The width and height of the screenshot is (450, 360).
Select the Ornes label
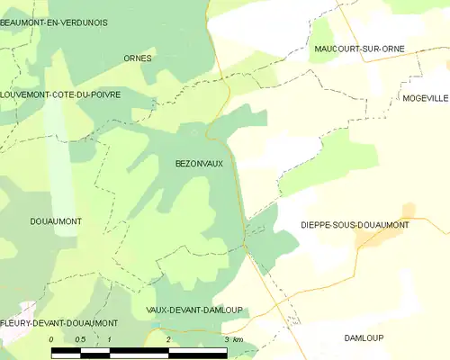click(138, 58)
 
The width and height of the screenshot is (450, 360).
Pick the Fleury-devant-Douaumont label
click(59, 322)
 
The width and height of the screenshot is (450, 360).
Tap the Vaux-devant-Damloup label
click(194, 310)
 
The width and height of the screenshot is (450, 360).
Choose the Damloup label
click(364, 337)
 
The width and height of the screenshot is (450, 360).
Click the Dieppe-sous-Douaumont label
click(354, 225)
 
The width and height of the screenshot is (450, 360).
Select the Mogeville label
click(425, 97)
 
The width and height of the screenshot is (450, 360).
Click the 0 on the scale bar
click(51, 338)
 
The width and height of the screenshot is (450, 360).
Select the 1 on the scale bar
click(109, 338)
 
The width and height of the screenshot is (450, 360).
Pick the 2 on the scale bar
click(168, 338)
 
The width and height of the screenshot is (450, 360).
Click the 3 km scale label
click(232, 338)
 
